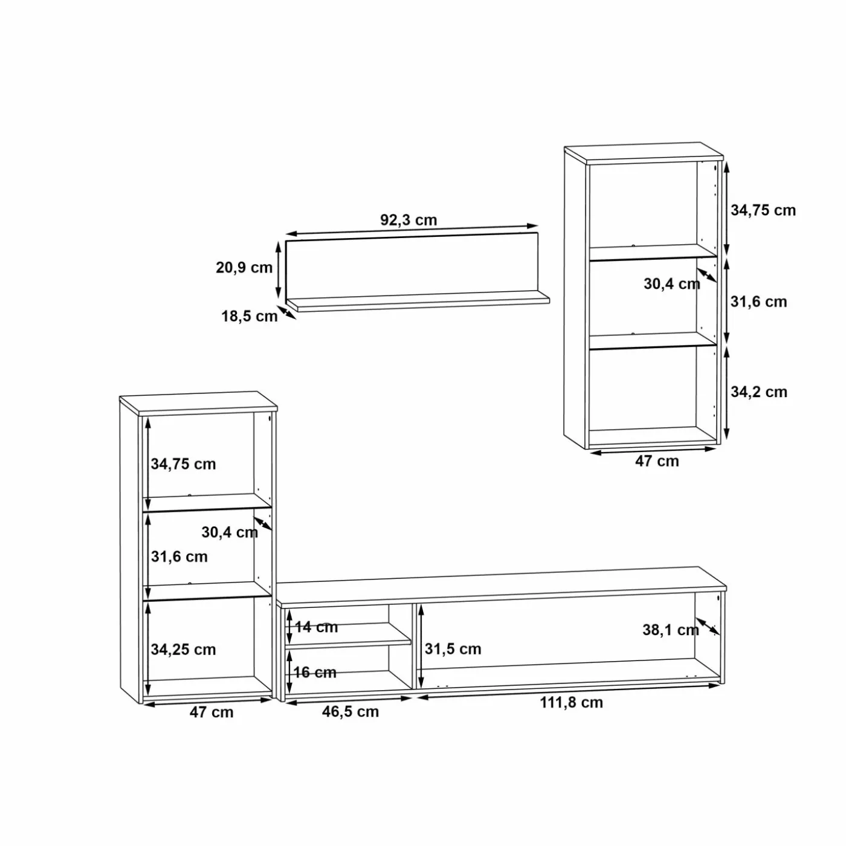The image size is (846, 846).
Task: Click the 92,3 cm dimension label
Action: pyautogui.click(x=408, y=219)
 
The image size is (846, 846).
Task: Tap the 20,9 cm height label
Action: pyautogui.click(x=244, y=267)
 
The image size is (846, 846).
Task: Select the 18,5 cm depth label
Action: pyautogui.click(x=250, y=316)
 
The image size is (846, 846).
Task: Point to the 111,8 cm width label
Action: pyautogui.click(x=571, y=702)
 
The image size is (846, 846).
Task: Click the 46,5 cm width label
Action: pyautogui.click(x=350, y=712)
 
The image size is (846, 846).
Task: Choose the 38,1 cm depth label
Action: pyautogui.click(x=671, y=630)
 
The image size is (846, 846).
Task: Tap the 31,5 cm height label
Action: pyautogui.click(x=453, y=649)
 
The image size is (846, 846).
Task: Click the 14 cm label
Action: pyautogui.click(x=316, y=627)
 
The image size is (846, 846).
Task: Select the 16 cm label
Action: pyautogui.click(x=315, y=672)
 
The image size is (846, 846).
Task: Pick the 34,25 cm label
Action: pyautogui.click(x=184, y=650)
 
